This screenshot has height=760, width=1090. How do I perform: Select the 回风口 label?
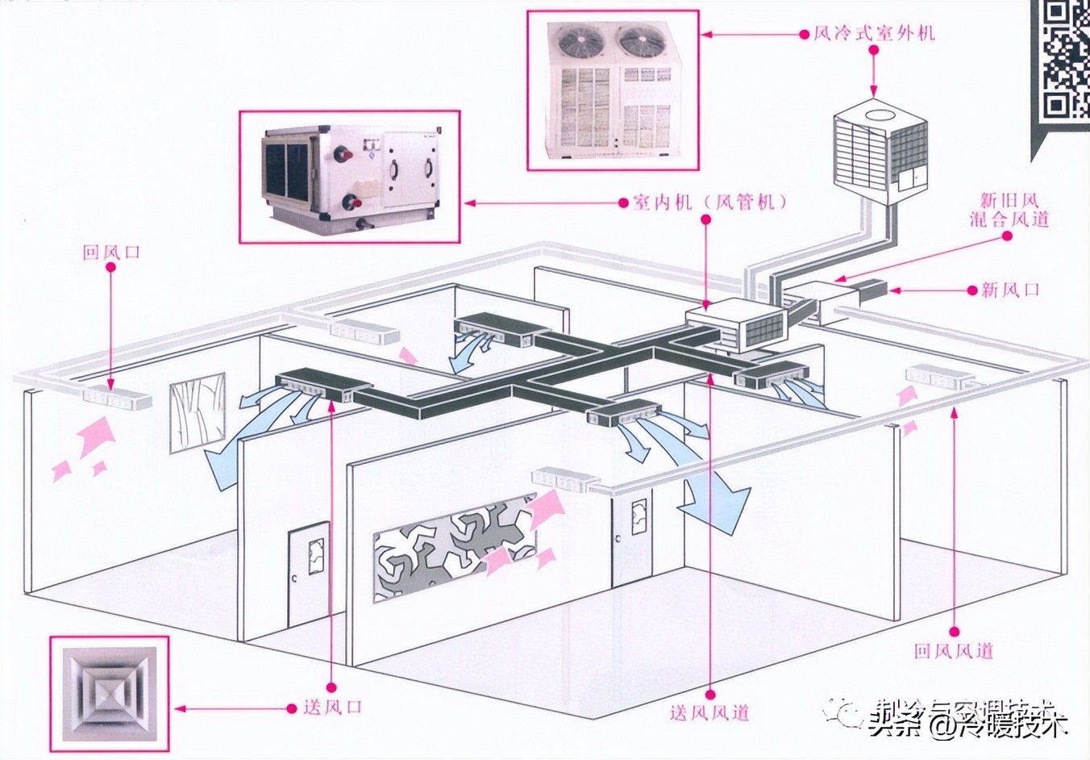(x=111, y=252)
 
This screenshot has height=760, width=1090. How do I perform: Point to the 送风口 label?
(x=332, y=708)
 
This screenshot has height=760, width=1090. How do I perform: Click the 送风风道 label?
(x=709, y=712)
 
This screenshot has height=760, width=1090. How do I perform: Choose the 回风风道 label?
(x=954, y=650)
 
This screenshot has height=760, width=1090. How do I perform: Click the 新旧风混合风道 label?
(x=1009, y=209)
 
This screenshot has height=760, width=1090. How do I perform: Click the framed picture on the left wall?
(x=197, y=411)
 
